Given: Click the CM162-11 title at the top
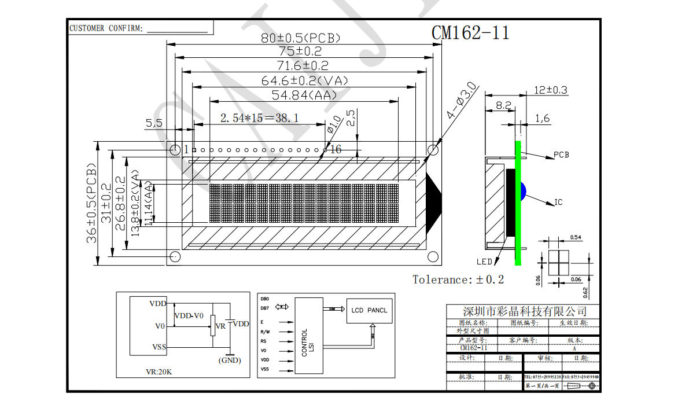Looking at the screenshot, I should (x=470, y=33).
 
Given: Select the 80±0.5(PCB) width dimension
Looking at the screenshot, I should (x=300, y=38).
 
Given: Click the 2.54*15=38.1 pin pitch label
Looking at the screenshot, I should (x=260, y=118).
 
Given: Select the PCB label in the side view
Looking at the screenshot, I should (x=561, y=155).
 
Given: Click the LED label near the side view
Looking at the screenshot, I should (x=484, y=262).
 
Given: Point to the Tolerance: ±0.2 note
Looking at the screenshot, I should (x=458, y=280).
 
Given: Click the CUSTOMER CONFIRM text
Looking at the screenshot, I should (x=106, y=28).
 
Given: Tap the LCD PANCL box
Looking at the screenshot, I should (x=369, y=310).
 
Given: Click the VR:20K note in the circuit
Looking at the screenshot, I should (x=158, y=371).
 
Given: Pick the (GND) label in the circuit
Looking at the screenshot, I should (x=229, y=360).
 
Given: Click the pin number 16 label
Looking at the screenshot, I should (x=336, y=150).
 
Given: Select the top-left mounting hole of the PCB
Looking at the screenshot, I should (x=175, y=149).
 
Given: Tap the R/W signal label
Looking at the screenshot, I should (x=265, y=332).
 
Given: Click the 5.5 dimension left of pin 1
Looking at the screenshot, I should (x=154, y=123).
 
